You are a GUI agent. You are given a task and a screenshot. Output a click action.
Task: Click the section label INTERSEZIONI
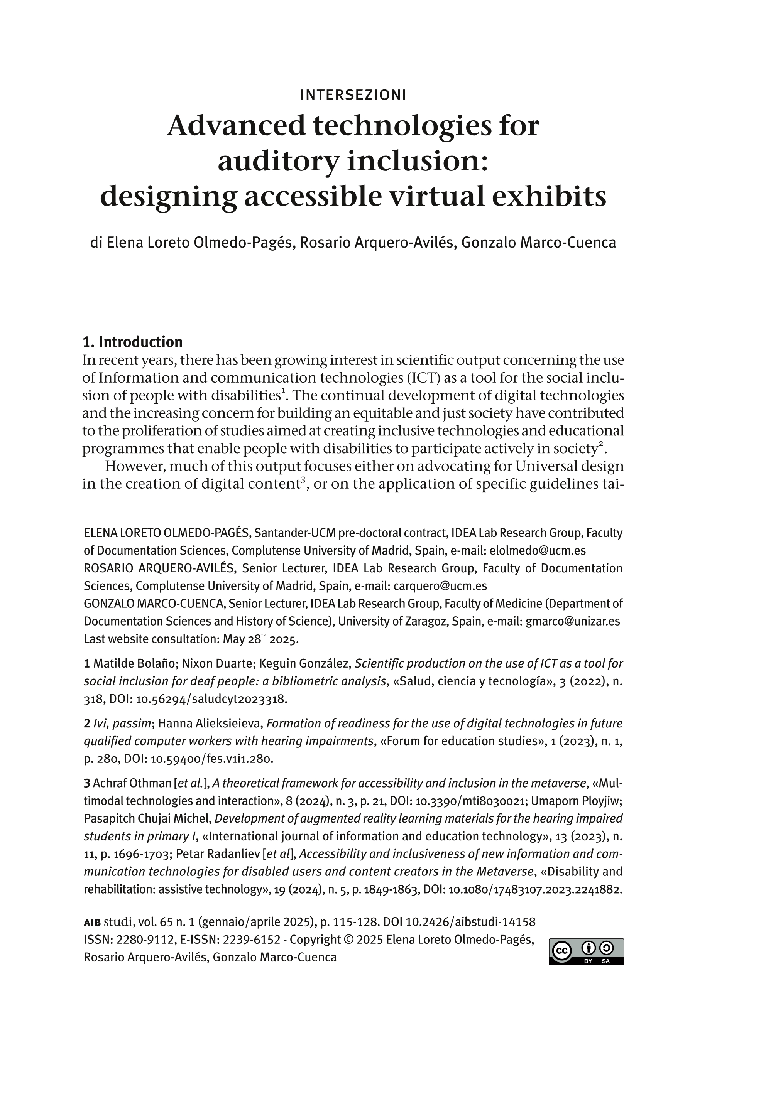[353, 95]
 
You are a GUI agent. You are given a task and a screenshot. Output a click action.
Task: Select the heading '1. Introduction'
[132, 342]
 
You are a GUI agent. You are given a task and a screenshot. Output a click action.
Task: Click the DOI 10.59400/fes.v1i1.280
[211, 759]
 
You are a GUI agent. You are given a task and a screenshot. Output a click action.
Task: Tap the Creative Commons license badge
[586, 951]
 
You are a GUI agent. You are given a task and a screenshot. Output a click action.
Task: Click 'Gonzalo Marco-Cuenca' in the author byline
[539, 242]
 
